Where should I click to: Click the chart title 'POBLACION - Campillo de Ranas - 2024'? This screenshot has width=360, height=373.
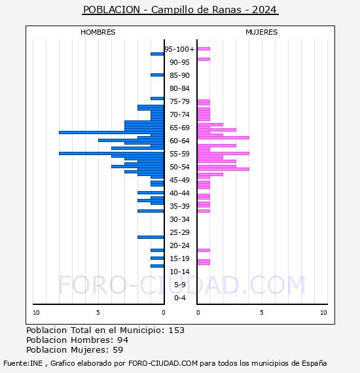pos(180,10)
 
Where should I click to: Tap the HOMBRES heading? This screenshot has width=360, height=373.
pos(98,32)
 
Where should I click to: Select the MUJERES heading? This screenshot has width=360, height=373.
pos(262,32)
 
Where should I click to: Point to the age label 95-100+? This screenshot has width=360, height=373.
pos(179,49)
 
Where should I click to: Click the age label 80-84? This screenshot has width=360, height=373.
pos(179,88)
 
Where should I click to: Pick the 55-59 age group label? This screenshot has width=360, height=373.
pos(179,154)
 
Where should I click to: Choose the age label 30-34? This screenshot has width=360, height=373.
pos(179,219)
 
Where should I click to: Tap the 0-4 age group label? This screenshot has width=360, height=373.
pos(179,298)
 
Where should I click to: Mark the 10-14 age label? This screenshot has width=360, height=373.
pos(179,272)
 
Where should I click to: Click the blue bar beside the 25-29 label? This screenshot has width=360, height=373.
pos(151,237)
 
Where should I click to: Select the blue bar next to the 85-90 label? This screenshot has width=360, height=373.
pos(157,75)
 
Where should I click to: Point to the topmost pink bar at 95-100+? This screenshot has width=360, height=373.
pos(204,49)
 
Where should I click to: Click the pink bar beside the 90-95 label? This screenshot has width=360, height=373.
pos(204,60)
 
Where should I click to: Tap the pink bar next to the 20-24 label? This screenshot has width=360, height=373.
pos(204,250)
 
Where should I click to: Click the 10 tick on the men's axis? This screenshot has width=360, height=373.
pos(36,313)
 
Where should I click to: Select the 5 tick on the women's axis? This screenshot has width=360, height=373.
pos(262,313)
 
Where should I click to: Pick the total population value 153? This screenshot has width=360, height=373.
pos(176,330)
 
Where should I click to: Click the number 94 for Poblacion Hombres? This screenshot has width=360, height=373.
pos(123,340)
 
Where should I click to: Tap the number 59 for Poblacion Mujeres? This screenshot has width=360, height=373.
pos(118,350)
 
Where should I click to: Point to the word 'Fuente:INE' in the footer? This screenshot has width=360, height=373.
pos(23,363)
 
